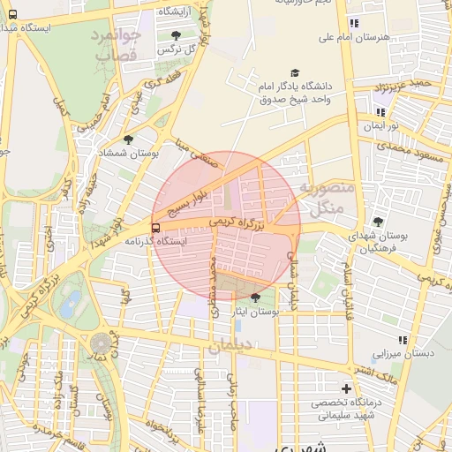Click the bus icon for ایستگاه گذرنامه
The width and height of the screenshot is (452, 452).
156,227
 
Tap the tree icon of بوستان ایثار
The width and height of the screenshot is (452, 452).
256,298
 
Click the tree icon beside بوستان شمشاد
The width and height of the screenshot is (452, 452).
129,139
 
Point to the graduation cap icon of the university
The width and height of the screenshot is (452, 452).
294,73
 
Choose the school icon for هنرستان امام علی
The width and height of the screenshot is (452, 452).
354,24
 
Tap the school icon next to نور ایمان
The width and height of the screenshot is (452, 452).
380,112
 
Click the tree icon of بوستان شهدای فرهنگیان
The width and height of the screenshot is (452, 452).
379,222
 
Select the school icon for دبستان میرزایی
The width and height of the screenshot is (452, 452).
403,339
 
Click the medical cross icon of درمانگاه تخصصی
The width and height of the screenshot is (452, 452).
346,388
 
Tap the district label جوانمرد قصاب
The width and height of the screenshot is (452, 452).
116,44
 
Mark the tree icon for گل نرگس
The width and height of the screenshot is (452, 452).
176,35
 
